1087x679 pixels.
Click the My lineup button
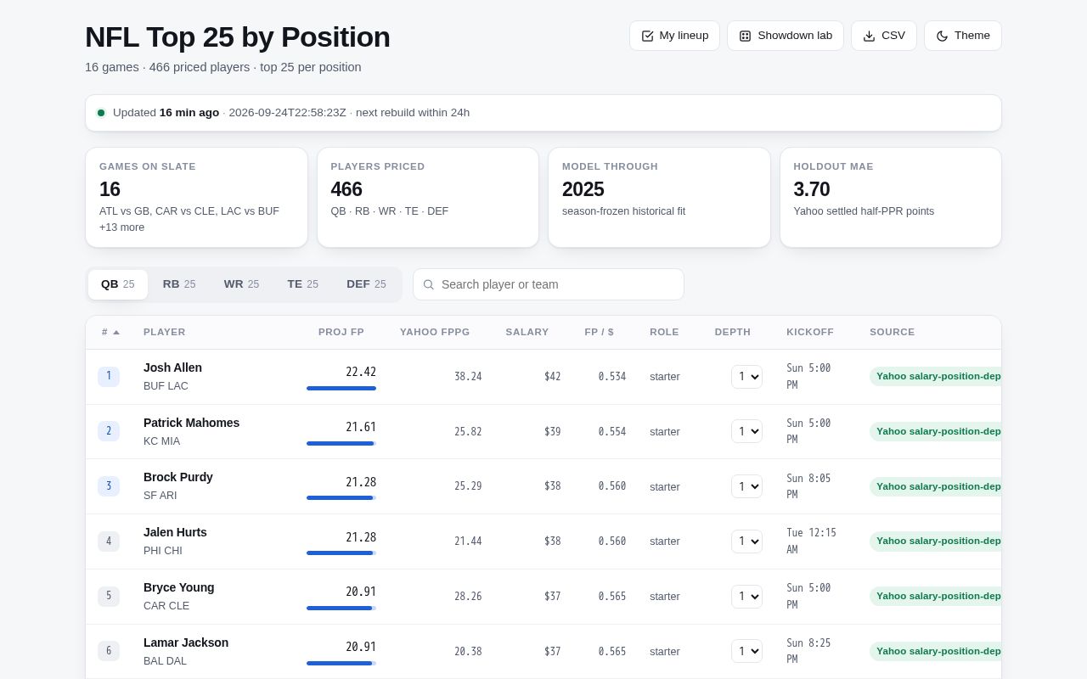point(674,36)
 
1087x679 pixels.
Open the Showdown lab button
point(786,36)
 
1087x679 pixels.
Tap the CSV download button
point(884,36)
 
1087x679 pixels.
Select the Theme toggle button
point(963,36)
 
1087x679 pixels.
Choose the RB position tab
point(179,284)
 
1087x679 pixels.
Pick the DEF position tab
point(366,284)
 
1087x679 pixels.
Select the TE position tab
point(303,284)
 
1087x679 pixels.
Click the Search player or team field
point(549,284)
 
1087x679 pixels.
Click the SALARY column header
point(527,332)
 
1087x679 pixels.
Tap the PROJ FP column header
point(341,332)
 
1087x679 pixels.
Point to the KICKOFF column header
point(810,332)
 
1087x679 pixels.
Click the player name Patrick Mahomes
point(191,423)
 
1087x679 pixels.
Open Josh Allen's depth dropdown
point(746,376)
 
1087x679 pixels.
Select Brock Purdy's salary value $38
point(552,486)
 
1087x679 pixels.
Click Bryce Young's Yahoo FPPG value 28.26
point(468,596)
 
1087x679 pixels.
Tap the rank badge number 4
point(109,541)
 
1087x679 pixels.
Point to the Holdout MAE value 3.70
point(811,189)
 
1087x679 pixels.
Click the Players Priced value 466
point(346,189)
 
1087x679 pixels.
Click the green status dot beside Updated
point(101,113)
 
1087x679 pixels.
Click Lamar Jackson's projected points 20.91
point(361,647)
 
